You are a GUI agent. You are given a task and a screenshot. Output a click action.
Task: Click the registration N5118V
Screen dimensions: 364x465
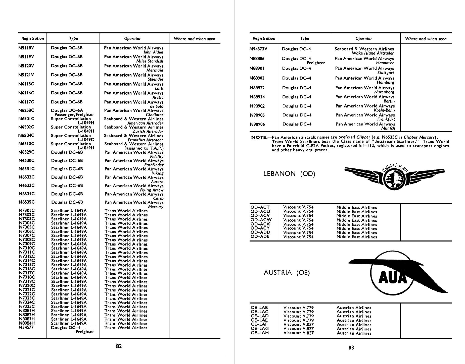26,48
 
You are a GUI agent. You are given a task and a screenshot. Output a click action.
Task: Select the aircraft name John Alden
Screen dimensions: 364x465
153,52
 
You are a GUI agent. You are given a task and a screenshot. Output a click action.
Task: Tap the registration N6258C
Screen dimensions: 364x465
26,110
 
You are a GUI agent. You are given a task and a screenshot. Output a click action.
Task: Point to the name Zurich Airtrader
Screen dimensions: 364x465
148,131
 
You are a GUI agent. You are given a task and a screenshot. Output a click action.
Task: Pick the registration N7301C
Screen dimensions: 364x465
27,211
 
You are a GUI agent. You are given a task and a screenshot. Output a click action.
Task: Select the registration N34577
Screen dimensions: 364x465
26,327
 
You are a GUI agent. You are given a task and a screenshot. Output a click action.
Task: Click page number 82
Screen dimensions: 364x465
119,346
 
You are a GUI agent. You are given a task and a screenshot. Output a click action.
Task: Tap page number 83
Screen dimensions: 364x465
351,347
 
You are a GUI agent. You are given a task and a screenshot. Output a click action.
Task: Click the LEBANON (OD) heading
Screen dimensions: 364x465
289,174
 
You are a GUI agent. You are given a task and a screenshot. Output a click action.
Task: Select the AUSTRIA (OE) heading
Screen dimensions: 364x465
287,273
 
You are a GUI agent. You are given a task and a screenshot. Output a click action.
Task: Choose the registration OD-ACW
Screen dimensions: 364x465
261,220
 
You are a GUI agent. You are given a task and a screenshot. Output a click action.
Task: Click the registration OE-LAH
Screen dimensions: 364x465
260,333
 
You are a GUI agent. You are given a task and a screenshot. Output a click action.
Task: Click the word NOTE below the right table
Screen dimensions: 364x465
259,137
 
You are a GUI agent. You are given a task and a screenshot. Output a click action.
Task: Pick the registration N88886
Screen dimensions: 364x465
257,59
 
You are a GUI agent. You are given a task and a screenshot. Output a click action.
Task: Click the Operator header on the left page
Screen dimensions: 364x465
132,39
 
